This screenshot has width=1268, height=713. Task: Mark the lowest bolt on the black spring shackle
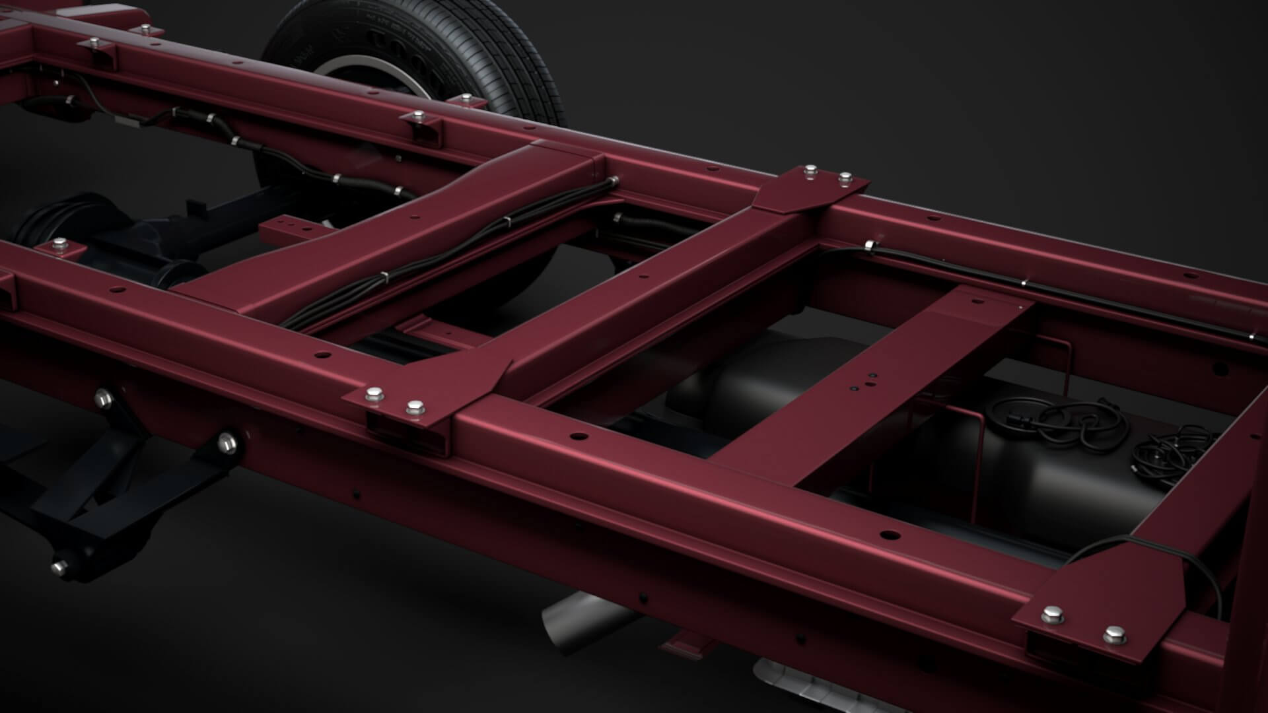[x=60, y=565]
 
